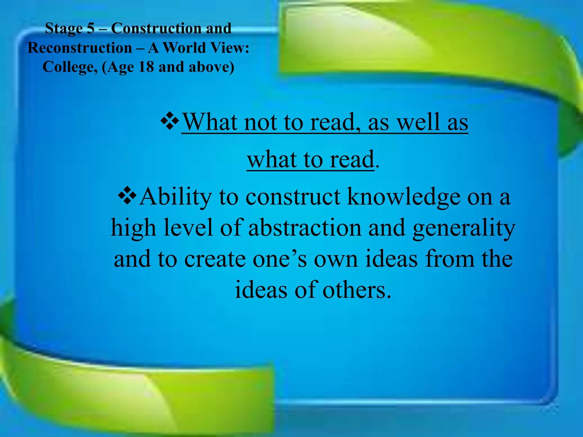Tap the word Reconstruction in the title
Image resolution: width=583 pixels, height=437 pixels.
coord(80,48)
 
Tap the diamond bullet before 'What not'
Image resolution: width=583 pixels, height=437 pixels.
coord(170,121)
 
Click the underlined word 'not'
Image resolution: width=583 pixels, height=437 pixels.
coord(260,122)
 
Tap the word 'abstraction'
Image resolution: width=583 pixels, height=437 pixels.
coord(305,228)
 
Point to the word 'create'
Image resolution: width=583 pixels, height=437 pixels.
coord(215,259)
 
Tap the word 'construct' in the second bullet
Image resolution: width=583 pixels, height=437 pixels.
coord(293,197)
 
